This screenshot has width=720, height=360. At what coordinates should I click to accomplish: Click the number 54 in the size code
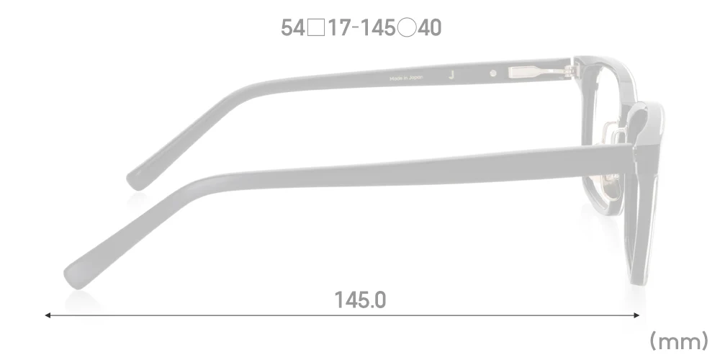pos(292,28)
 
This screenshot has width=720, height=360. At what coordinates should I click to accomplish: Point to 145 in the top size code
pos(377,28)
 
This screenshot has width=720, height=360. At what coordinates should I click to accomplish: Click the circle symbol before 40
pos(407,29)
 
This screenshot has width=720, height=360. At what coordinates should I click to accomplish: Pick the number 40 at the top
pos(429,28)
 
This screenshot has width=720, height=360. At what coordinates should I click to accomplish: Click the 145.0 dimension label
pos(360,300)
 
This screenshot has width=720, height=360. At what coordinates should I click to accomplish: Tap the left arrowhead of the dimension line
pos(48,315)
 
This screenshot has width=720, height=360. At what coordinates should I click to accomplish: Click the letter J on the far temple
pos(451,74)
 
